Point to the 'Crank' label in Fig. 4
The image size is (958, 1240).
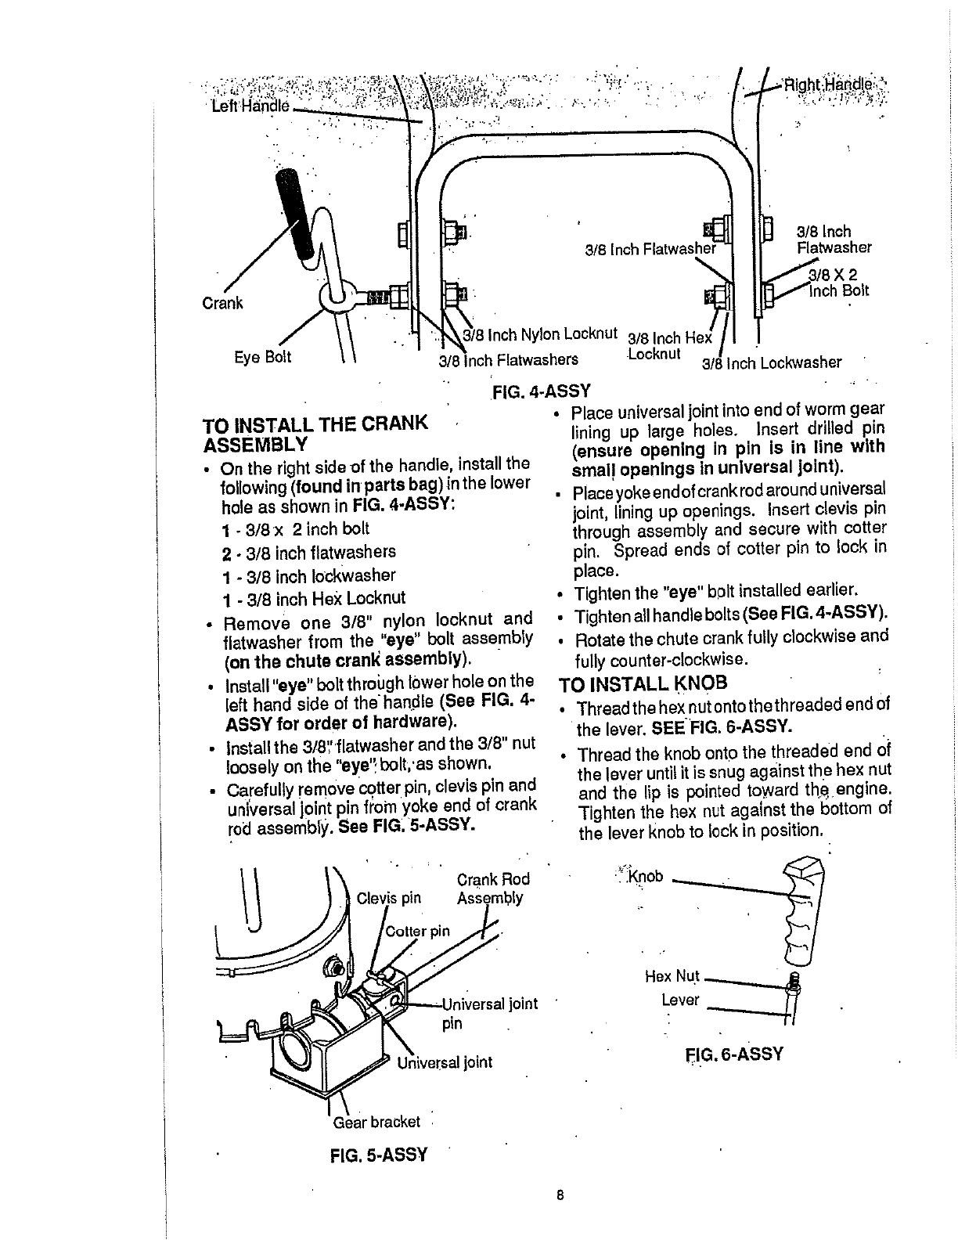223,303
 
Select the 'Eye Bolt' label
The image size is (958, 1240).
263,357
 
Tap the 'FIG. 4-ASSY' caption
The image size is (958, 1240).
541,390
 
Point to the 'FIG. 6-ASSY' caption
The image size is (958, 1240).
734,1053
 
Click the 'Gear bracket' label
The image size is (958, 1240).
376,1122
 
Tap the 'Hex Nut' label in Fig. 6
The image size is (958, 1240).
672,976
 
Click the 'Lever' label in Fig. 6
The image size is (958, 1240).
679,1000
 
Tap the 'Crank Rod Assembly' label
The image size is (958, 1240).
492,889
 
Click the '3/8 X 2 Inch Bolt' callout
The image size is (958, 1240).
834,283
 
